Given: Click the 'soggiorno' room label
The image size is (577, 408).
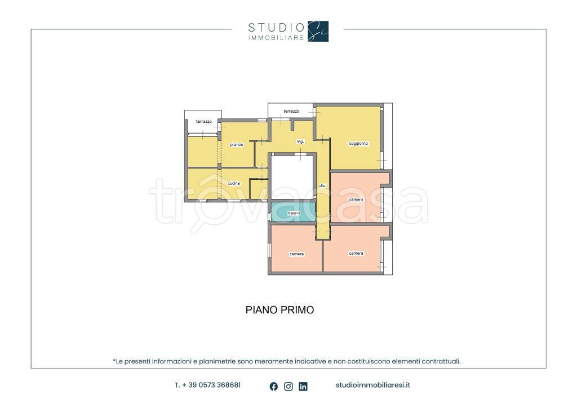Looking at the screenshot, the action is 358,144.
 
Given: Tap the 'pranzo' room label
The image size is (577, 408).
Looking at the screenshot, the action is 237,145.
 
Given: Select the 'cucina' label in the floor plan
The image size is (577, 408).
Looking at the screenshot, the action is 234,183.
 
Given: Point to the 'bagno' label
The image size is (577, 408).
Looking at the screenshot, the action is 294,213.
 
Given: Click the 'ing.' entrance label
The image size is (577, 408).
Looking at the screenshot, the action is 300,141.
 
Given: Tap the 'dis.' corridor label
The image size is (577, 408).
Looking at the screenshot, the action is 323,186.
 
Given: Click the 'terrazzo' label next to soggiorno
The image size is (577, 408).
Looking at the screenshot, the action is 291,111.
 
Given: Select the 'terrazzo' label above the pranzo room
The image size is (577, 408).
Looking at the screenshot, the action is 204,121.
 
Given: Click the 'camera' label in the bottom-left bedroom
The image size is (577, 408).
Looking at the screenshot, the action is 296,254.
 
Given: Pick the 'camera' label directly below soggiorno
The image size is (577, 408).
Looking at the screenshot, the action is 356,199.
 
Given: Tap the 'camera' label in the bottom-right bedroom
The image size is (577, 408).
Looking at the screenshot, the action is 356,253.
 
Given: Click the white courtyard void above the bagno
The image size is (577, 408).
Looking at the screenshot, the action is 293,178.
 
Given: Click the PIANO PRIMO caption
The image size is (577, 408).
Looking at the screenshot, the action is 279,310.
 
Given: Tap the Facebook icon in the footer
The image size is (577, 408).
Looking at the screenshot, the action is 274,386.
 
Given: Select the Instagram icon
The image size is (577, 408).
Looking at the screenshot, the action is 288,386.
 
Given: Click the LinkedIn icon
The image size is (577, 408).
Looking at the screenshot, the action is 303,386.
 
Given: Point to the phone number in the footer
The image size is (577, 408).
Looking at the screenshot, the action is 208,385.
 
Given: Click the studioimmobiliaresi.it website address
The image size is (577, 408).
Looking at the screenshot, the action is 373,385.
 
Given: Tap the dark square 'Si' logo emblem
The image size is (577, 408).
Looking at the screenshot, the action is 318,31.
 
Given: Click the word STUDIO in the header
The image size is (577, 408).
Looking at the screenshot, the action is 276,27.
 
